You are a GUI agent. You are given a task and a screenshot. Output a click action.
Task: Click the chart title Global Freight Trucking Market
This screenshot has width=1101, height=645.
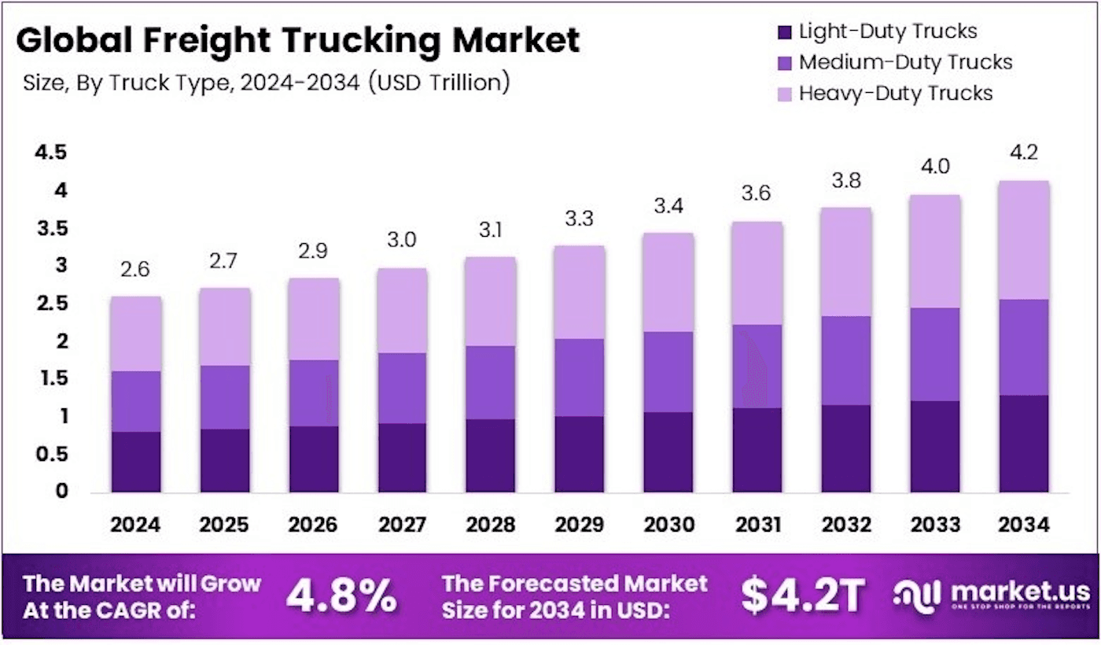298,40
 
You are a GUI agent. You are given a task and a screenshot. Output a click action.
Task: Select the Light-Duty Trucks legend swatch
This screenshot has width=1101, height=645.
785,32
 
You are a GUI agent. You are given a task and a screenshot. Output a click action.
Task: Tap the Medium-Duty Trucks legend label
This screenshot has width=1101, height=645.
906,62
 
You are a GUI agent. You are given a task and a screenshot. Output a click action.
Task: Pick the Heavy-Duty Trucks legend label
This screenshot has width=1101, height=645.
896,94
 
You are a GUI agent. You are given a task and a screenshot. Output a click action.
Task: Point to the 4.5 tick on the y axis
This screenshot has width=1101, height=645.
50,153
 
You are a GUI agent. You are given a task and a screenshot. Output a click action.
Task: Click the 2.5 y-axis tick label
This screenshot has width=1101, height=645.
52,304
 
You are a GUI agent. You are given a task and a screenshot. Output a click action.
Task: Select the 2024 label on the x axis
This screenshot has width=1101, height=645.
135,525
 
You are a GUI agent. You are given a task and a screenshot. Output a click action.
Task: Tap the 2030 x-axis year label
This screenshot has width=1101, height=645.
669,525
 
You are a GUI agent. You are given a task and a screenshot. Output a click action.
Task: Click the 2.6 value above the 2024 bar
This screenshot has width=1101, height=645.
135,269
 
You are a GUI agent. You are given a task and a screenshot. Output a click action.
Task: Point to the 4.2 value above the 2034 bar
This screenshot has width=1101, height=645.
1024,153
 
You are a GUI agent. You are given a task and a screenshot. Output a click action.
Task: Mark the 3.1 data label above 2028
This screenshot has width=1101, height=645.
491,230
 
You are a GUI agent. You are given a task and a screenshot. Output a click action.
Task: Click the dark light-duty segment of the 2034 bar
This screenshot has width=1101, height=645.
1024,444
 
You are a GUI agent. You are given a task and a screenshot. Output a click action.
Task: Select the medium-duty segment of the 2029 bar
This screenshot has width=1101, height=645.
580,378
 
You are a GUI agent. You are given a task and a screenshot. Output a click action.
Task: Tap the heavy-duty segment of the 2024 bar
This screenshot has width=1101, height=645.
136,334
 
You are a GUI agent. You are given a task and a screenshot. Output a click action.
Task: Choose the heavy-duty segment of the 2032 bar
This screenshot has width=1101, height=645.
846,262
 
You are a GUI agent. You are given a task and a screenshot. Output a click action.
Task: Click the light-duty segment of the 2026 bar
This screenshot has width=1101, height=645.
314,459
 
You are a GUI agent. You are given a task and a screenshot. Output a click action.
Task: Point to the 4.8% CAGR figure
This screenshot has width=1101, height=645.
341,596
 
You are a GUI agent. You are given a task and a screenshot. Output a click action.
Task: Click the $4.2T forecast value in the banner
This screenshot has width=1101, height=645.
803,596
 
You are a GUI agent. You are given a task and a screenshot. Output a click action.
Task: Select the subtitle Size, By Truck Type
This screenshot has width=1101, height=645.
127,83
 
